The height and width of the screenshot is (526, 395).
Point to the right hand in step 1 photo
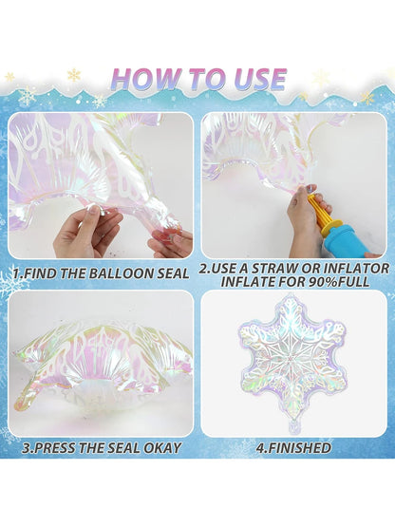coord(169,242)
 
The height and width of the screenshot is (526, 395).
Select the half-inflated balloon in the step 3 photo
coord(100,366)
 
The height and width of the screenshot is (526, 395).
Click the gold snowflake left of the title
coord(10,77)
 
